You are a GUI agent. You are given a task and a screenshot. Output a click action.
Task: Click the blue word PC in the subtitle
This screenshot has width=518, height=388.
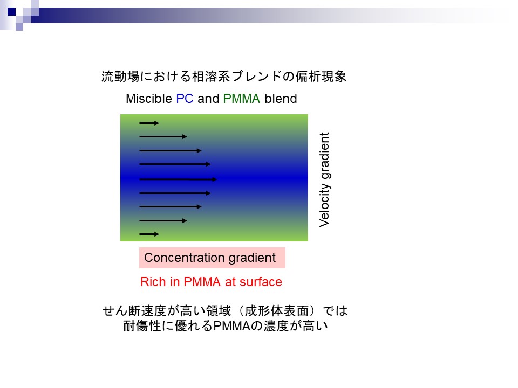[185, 99]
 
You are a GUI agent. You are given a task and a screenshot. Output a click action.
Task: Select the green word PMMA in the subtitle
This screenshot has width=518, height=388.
[242, 99]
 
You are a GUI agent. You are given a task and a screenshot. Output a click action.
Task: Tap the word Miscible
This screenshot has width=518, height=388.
[149, 99]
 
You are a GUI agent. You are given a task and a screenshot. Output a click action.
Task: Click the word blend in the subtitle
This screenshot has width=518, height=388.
[281, 99]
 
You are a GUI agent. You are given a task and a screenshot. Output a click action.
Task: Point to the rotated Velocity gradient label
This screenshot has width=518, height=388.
[324, 179]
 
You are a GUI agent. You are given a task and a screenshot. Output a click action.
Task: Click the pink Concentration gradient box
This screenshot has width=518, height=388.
[212, 258]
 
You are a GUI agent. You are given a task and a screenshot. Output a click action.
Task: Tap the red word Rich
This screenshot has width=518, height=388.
[153, 282]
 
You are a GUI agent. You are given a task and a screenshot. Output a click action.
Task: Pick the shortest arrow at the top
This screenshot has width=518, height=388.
[149, 123]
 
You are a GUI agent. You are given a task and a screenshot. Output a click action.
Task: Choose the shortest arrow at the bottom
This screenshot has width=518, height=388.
[149, 234]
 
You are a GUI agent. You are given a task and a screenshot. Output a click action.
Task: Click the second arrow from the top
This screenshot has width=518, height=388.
[163, 136]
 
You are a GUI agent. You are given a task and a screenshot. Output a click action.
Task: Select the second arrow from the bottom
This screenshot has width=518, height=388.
[163, 221]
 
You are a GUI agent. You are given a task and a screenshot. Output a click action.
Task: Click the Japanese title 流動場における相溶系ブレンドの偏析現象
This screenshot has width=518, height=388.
[224, 77]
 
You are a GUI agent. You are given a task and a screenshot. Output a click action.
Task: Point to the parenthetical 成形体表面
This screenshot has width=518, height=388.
[276, 311]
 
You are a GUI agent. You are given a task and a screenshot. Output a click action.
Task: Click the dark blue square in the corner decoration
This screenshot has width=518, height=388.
[11, 11]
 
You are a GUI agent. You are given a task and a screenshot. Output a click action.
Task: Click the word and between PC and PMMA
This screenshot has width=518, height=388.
[208, 99]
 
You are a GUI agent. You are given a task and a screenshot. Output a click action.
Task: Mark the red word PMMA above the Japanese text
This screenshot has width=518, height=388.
[202, 282]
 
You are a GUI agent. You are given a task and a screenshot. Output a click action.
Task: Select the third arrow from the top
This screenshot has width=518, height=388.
[171, 150]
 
